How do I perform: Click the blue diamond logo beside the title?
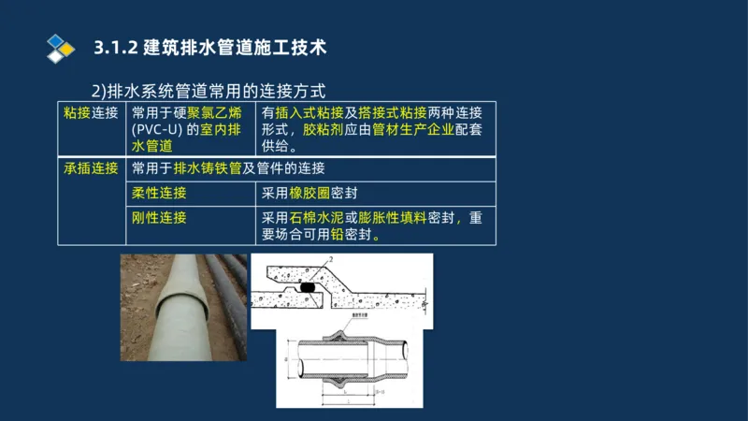tap(60, 47)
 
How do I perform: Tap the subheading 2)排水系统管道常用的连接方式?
tap(208, 91)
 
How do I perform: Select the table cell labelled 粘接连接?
tap(91, 113)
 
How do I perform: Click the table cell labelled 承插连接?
tap(91, 168)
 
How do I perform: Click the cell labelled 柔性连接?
tap(159, 193)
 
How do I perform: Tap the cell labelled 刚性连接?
tap(159, 217)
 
